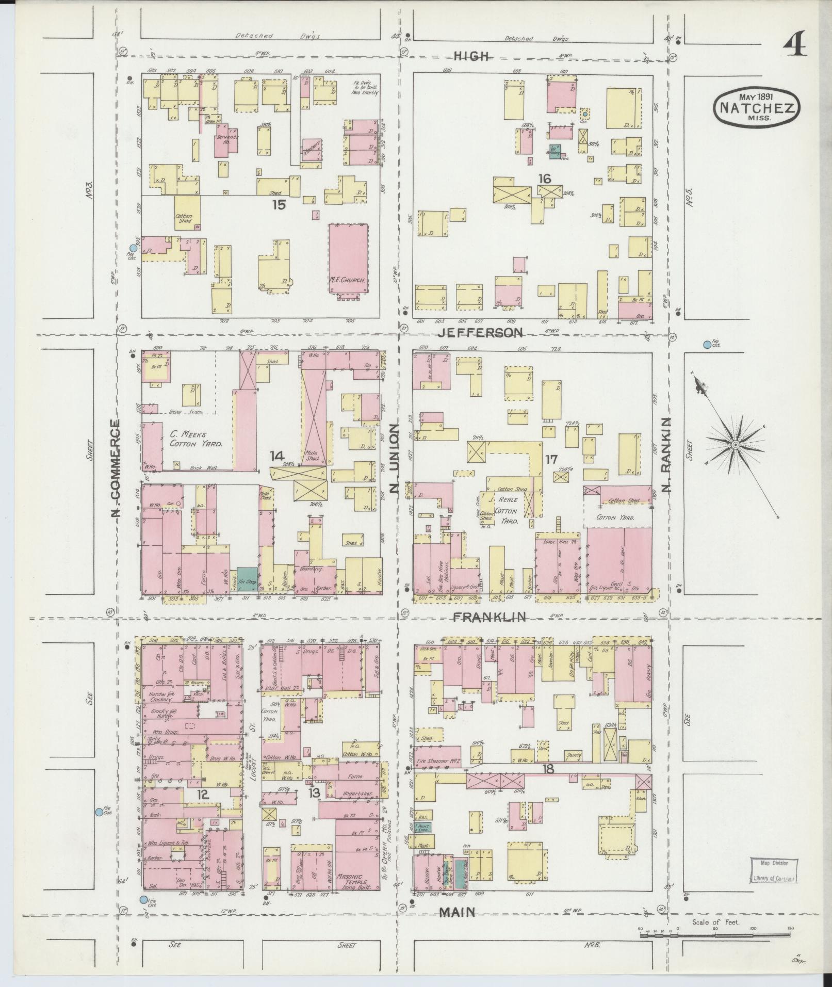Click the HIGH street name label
(471, 56)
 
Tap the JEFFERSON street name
(481, 333)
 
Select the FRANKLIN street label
(489, 617)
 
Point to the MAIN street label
(457, 913)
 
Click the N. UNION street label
(395, 459)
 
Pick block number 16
(544, 179)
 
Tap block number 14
(276, 456)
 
